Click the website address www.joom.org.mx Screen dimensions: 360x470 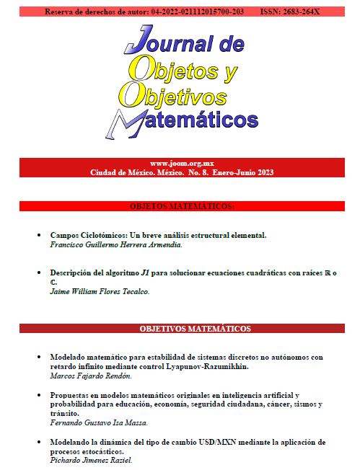click(x=180, y=164)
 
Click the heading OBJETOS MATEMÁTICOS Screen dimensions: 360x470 click(x=181, y=206)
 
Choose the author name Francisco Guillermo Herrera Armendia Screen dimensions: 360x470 click(x=116, y=244)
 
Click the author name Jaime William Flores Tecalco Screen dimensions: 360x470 click(x=100, y=291)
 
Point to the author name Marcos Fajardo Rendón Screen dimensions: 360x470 click(x=91, y=376)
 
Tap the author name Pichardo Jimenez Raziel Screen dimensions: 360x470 click(x=91, y=460)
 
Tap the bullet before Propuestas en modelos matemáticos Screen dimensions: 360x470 click(x=39, y=396)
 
